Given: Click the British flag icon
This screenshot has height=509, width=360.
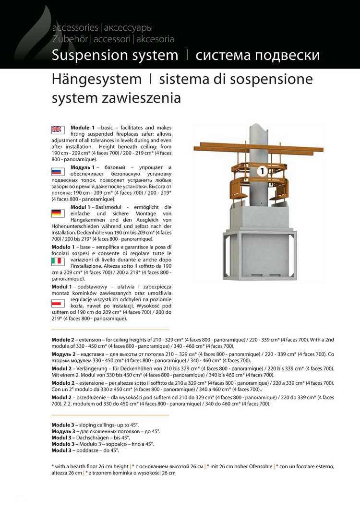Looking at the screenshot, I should coord(58,129).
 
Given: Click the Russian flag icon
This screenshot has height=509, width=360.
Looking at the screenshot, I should coord(58,171).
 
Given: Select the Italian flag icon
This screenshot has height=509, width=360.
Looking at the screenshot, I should coord(58,261).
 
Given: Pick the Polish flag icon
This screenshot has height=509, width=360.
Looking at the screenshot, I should coord(58,304).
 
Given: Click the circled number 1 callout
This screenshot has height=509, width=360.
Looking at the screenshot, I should coord(262,170).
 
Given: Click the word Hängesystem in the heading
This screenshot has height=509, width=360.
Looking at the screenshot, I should coord(96,79).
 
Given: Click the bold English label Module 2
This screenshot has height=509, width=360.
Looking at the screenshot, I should coord(63,340).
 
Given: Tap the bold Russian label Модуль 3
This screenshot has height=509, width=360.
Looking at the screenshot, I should coord(63,432).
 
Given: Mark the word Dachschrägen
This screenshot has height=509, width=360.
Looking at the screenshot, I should coord(95,438).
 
